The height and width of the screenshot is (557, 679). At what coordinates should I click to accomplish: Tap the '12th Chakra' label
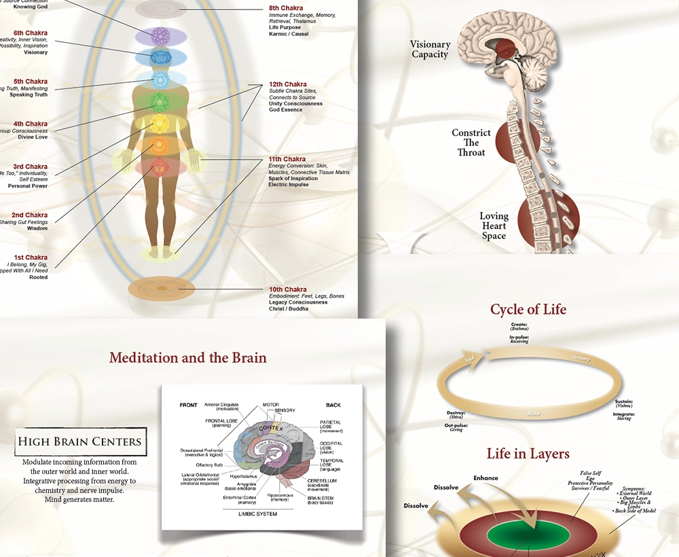click(287, 85)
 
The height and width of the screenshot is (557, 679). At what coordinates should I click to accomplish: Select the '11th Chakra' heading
click(287, 159)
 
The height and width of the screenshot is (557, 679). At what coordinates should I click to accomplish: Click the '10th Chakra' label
click(287, 289)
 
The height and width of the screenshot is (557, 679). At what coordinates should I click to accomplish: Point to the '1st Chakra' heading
click(31, 257)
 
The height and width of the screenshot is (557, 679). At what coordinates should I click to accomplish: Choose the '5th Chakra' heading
click(31, 82)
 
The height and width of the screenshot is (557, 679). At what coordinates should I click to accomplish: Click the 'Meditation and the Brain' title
click(188, 357)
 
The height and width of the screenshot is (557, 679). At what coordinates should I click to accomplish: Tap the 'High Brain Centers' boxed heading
click(80, 441)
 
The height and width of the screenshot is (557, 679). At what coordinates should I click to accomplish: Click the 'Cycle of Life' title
click(528, 310)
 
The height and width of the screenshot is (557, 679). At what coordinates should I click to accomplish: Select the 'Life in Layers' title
click(528, 454)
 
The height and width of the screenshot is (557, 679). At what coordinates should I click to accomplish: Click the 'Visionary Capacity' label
click(430, 50)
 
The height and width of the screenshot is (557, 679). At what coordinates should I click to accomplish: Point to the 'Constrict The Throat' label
click(471, 143)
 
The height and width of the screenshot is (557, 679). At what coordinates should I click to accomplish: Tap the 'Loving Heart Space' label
click(494, 226)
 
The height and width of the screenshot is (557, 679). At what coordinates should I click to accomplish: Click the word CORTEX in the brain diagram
click(271, 429)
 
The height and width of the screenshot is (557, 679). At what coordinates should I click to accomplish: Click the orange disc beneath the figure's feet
click(161, 289)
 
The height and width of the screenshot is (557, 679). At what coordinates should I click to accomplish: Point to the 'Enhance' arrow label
click(485, 478)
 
